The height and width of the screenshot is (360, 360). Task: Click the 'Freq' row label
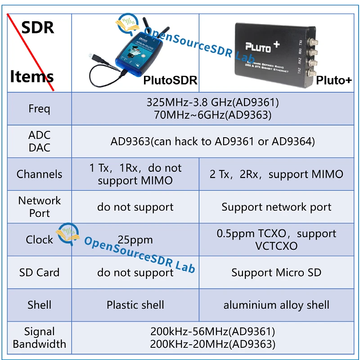(x=39, y=109)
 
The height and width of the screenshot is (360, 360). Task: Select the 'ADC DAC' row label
(x=39, y=141)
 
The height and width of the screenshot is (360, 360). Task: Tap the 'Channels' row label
(x=39, y=174)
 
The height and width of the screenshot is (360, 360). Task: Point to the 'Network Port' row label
(x=39, y=207)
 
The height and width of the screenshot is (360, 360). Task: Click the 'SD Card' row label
(x=39, y=273)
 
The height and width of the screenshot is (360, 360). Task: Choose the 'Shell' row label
(x=39, y=305)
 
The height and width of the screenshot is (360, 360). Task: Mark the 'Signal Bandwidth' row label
(x=39, y=338)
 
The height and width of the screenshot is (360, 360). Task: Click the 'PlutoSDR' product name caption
(x=170, y=80)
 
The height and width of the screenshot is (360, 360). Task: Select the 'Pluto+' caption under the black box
(x=333, y=80)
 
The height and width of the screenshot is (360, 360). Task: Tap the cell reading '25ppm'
(x=135, y=240)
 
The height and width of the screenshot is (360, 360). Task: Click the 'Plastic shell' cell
(x=135, y=305)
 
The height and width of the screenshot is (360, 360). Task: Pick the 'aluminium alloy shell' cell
(x=276, y=305)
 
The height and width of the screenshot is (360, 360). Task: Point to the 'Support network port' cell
(x=276, y=207)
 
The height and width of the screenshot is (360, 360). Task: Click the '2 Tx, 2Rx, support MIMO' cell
(x=276, y=174)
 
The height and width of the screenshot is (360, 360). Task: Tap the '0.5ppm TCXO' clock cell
(x=276, y=240)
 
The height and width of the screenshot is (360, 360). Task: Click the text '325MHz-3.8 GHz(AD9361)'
(x=212, y=102)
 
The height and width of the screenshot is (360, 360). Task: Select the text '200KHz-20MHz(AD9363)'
(x=212, y=344)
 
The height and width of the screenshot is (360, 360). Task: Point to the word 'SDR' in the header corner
(x=38, y=27)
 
